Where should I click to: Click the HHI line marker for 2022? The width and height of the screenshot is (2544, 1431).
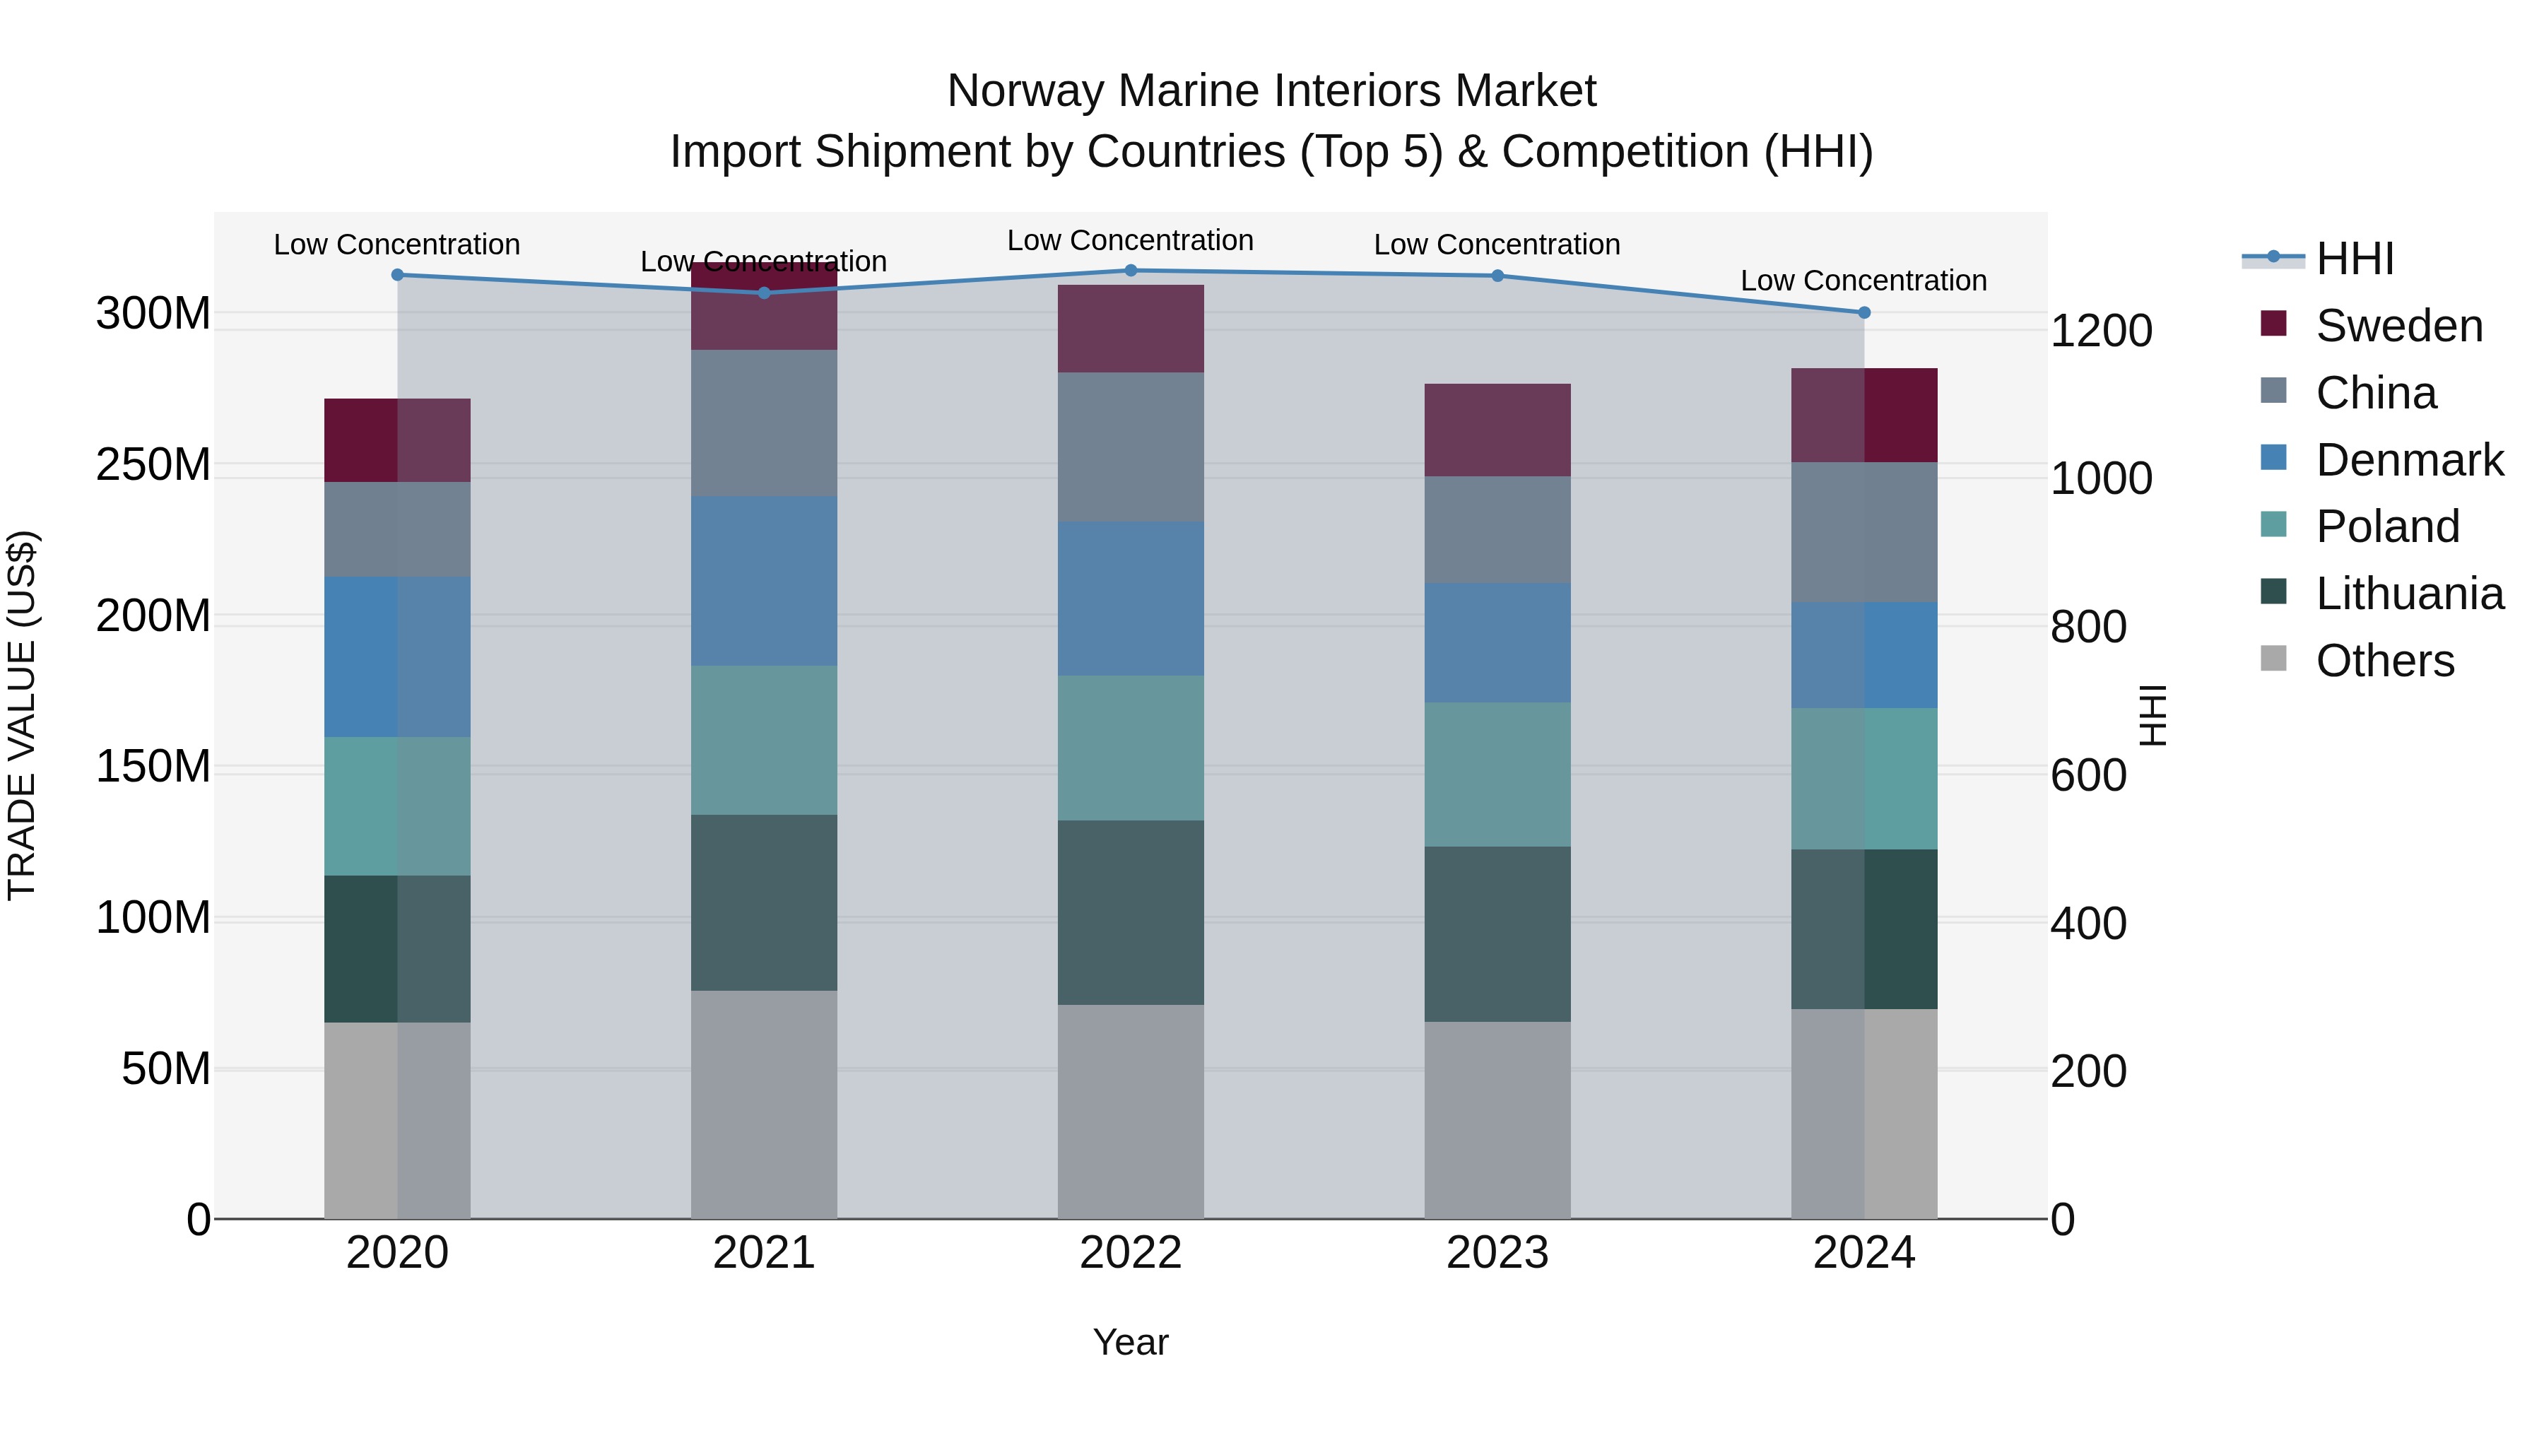click(1131, 271)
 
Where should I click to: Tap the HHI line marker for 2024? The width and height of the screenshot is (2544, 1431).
click(1863, 312)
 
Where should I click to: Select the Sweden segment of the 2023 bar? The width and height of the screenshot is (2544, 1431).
click(1497, 430)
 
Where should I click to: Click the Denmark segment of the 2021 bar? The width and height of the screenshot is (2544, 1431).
click(763, 581)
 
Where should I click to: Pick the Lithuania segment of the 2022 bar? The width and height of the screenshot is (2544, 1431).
click(1131, 912)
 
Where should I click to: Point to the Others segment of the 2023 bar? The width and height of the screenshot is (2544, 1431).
click(1497, 1120)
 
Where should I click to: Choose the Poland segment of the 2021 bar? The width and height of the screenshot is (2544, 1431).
click(763, 740)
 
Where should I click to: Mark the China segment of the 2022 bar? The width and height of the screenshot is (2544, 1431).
click(1131, 447)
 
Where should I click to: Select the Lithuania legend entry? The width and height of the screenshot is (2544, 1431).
click(2409, 594)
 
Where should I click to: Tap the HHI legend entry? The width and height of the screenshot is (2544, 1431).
click(2355, 259)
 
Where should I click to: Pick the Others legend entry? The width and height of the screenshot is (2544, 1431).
click(2384, 661)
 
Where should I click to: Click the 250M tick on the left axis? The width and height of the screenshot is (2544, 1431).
click(153, 464)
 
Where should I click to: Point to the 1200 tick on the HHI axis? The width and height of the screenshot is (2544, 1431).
click(2101, 331)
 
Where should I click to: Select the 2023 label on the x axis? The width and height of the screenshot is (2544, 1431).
click(1497, 1253)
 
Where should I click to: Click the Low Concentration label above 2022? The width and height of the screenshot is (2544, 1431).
click(1131, 240)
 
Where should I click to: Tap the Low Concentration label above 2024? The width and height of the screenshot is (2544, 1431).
click(1863, 281)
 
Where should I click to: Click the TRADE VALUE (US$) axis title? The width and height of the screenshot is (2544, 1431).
click(22, 715)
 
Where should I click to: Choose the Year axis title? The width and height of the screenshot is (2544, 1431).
click(1131, 1342)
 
